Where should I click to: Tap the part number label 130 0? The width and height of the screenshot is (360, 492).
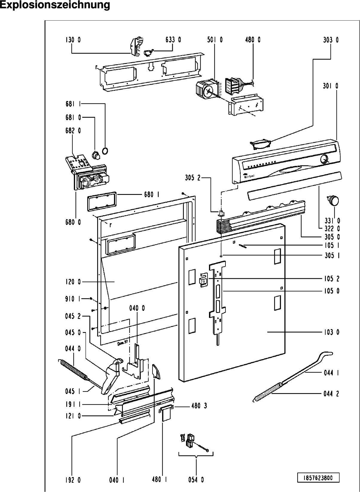coord(73,40)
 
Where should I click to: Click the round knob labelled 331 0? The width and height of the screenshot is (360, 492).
coord(334,200)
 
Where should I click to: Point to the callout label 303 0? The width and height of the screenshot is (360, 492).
coord(331,40)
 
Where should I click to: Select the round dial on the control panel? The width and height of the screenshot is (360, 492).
coord(324,159)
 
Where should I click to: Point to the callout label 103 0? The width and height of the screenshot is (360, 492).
coord(331,332)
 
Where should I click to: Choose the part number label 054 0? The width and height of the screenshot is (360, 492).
coord(196,480)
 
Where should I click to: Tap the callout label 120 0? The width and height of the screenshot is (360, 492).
coord(73,282)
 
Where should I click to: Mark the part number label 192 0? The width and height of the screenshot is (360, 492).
coord(73,480)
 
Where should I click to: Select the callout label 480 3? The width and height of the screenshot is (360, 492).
coord(199,406)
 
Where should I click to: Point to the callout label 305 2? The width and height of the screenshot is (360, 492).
coord(192,178)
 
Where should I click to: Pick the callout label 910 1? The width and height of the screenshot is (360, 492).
coord(73,299)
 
